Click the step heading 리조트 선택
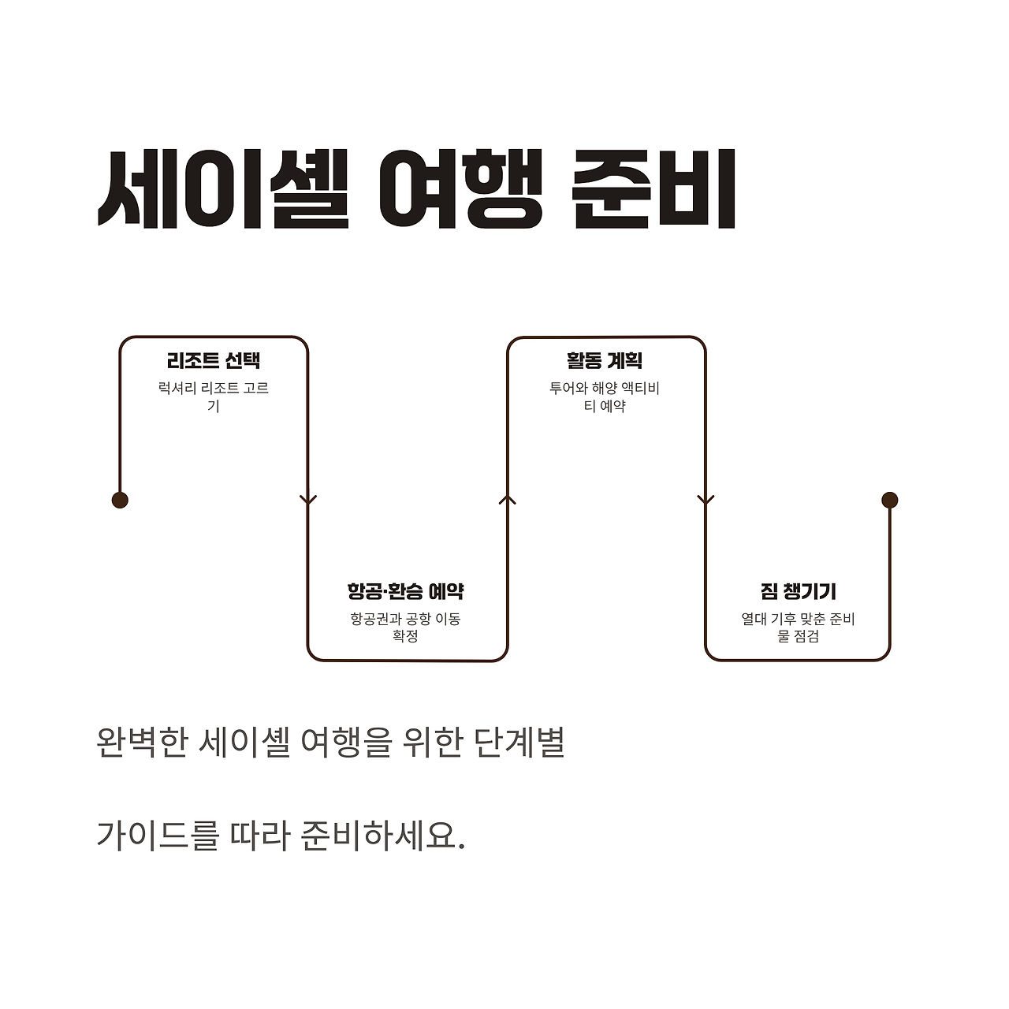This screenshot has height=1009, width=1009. pyautogui.click(x=214, y=361)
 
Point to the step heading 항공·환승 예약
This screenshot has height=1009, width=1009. pyautogui.click(x=405, y=591)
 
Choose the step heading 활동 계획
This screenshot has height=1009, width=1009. pyautogui.click(x=605, y=361)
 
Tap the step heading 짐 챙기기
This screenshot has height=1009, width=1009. pyautogui.click(x=798, y=591)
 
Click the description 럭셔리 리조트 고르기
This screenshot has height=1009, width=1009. pyautogui.click(x=214, y=397)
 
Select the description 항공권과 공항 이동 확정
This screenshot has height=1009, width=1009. pyautogui.click(x=405, y=627)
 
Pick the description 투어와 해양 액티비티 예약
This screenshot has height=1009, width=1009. pyautogui.click(x=605, y=397)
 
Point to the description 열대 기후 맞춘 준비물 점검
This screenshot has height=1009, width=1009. pyautogui.click(x=798, y=627)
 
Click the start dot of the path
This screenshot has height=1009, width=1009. pyautogui.click(x=120, y=500)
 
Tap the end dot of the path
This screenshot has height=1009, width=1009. pyautogui.click(x=890, y=500)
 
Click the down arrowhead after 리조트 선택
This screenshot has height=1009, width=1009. pyautogui.click(x=308, y=500)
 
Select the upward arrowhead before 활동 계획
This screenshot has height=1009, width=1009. pyautogui.click(x=508, y=499)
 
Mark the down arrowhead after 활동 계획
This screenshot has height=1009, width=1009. pyautogui.click(x=706, y=500)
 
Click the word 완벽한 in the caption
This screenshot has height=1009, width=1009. pyautogui.click(x=141, y=743)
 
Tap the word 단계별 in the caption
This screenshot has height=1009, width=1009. pyautogui.click(x=520, y=743)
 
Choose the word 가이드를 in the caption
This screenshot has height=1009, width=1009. pyautogui.click(x=158, y=834)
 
